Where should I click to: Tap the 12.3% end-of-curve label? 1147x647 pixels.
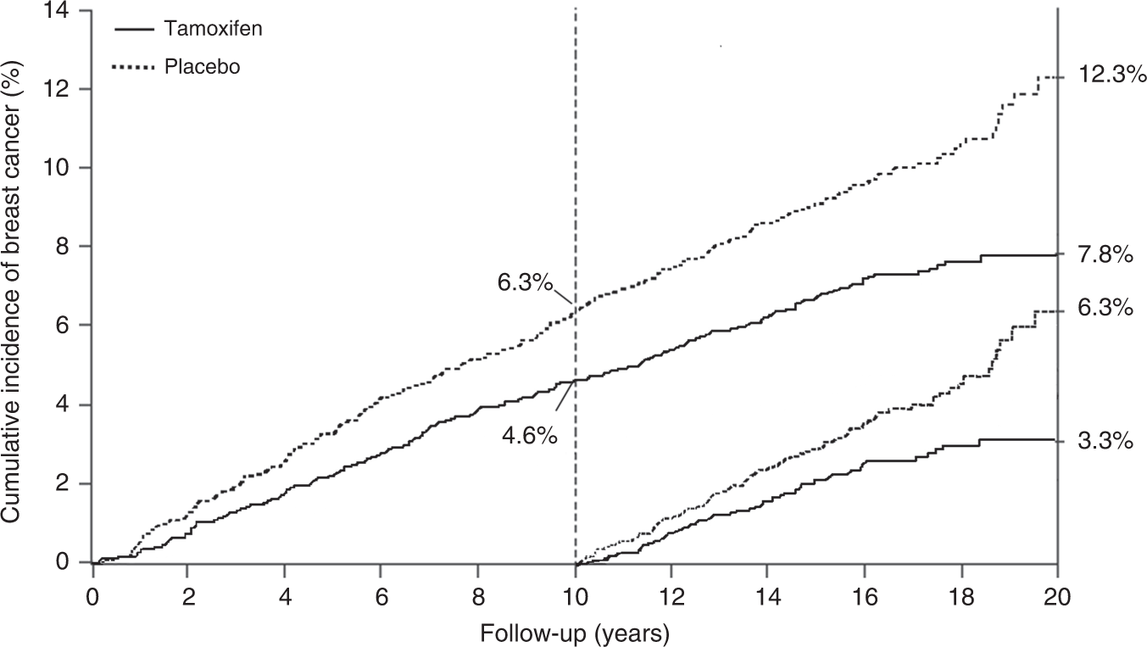pos(1105,75)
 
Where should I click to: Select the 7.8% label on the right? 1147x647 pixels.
pos(1105,254)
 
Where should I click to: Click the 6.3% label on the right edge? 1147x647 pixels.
pos(1105,310)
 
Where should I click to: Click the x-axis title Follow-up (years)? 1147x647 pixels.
pos(575,632)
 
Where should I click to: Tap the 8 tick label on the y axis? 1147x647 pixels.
pos(64,247)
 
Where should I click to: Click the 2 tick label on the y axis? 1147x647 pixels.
pos(64,484)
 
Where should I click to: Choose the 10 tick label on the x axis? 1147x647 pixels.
pos(576,595)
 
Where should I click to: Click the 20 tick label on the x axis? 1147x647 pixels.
pos(1056,595)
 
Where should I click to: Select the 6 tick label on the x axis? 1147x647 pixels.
pos(382,595)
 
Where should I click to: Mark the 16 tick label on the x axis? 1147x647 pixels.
pos(864,595)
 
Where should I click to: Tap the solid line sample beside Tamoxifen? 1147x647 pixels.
pos(134,29)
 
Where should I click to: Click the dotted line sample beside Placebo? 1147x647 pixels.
pos(134,66)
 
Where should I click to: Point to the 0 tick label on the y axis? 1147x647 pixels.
pos(64,562)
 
